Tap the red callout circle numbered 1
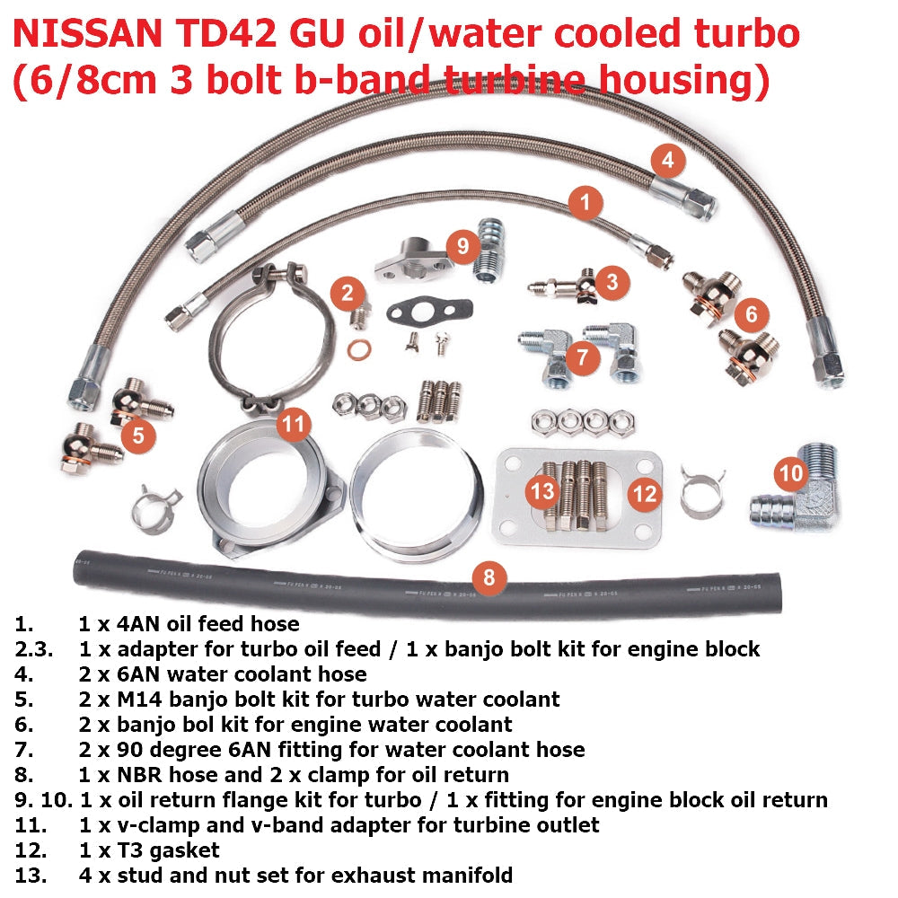[585, 203]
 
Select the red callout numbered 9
[463, 245]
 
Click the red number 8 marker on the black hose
[489, 577]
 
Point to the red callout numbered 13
[542, 491]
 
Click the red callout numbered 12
[646, 493]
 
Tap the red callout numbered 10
[791, 472]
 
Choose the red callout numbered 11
[295, 424]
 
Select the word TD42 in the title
[222, 36]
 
